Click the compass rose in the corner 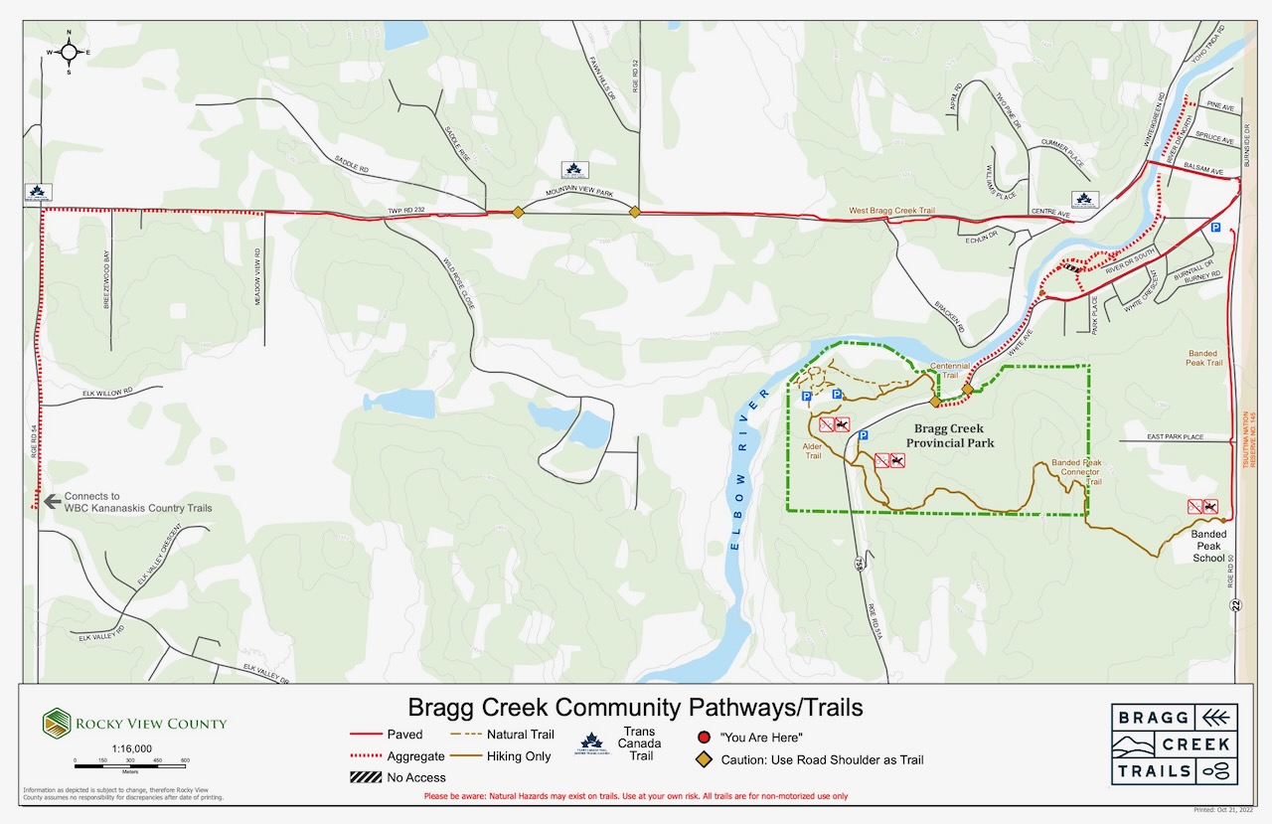[69, 52]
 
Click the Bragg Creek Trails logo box [1175, 744]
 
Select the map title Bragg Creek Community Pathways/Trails [636, 708]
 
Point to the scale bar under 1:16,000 [130, 762]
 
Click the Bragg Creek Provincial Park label [950, 435]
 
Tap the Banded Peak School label [1208, 546]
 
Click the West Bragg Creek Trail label [892, 212]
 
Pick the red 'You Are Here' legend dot [703, 738]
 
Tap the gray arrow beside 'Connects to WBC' [52, 501]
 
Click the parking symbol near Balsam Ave [1214, 228]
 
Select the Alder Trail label [812, 450]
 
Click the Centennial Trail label [949, 371]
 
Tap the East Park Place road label [1175, 437]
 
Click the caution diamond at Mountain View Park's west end [518, 212]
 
